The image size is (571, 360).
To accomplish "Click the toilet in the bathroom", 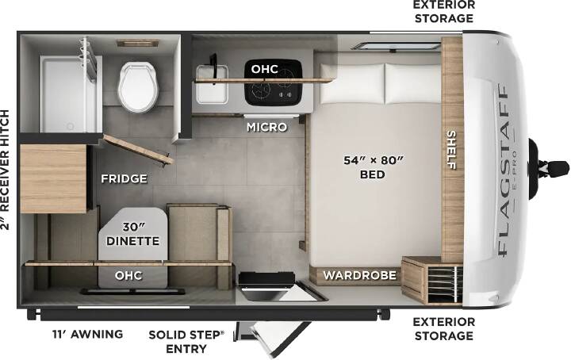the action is [x=138, y=86].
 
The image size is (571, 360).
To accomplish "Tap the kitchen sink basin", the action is [x=212, y=84].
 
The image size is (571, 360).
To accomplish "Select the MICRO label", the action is [x=267, y=127].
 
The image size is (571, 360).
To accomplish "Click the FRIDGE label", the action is [x=125, y=178].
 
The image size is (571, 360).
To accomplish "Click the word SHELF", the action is [x=451, y=150].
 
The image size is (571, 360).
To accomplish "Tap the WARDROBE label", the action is [x=360, y=275].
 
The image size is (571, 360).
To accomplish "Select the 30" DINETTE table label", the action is [x=133, y=234].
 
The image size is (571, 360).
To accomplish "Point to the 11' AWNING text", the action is [x=88, y=334].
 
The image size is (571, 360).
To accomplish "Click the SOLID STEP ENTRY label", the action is [x=186, y=342].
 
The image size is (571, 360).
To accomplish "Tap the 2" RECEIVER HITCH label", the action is [x=5, y=170].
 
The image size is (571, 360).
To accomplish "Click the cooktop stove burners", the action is [x=273, y=82].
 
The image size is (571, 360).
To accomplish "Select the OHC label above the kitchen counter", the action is [x=265, y=69].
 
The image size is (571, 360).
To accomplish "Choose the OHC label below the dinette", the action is [x=128, y=276].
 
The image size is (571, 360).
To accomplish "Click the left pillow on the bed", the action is [x=352, y=83].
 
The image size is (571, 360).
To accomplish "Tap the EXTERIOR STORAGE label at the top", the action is [x=444, y=11].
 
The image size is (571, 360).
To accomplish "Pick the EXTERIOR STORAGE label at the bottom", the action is [x=444, y=329].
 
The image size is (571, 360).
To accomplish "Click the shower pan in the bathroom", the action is [x=67, y=94].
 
